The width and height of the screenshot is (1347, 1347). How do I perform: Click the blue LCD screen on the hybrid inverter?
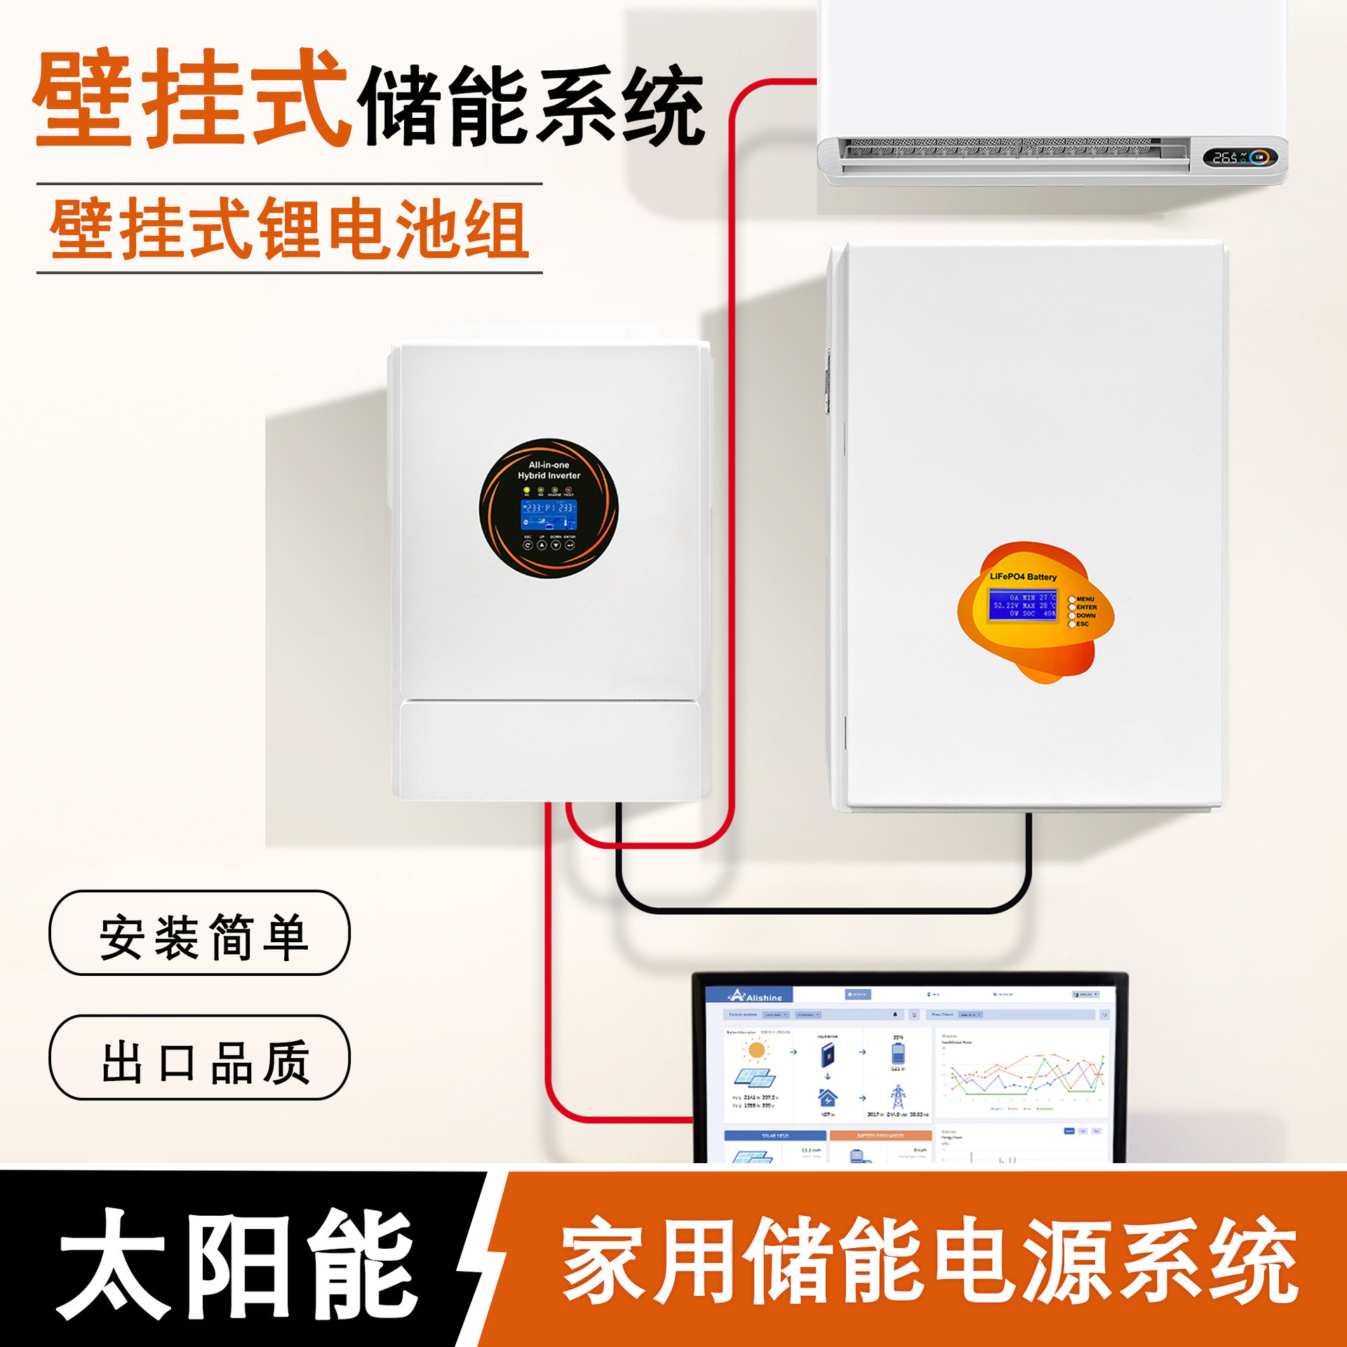click(548, 515)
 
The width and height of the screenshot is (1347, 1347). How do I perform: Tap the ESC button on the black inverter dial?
click(528, 544)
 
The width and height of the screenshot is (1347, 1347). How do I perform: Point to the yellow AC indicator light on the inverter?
click(527, 490)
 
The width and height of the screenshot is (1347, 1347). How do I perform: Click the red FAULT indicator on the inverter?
click(568, 490)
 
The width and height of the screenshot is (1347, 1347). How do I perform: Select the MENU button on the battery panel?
click(1072, 599)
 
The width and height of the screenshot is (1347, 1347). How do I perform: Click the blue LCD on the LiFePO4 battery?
click(1024, 605)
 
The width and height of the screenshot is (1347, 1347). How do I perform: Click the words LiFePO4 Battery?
click(1023, 577)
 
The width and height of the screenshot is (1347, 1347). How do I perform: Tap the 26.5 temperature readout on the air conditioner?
click(1226, 158)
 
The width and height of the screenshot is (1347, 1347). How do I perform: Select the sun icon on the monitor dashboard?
click(756, 1050)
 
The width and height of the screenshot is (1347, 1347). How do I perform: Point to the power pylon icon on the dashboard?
click(898, 1097)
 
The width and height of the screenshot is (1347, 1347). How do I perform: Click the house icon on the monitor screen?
click(828, 1097)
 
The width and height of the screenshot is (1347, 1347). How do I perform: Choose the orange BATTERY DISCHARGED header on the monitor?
click(880, 1135)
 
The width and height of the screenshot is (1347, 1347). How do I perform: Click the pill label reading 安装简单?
click(199, 933)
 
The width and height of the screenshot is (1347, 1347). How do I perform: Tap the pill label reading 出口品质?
click(199, 1057)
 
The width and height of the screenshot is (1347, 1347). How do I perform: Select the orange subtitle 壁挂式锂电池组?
click(289, 229)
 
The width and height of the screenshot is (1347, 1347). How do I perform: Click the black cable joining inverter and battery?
click(821, 910)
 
